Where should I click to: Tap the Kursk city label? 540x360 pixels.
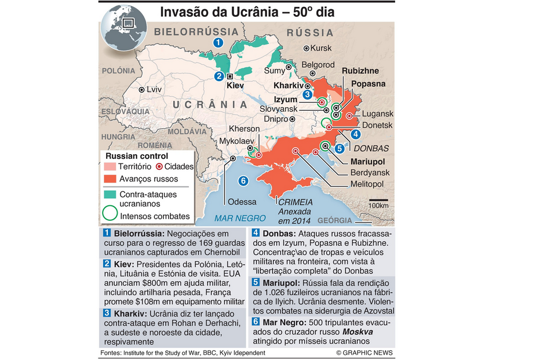pyautogui.click(x=322, y=48)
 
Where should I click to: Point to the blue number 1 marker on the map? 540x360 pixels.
pyautogui.click(x=218, y=42)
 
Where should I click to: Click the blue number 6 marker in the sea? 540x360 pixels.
pyautogui.click(x=243, y=181)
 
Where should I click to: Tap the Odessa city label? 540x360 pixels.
pyautogui.click(x=242, y=202)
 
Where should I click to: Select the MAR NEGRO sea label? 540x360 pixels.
pyautogui.click(x=240, y=219)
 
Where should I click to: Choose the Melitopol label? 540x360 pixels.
pyautogui.click(x=366, y=184)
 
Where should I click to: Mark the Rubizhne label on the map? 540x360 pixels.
pyautogui.click(x=360, y=71)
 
